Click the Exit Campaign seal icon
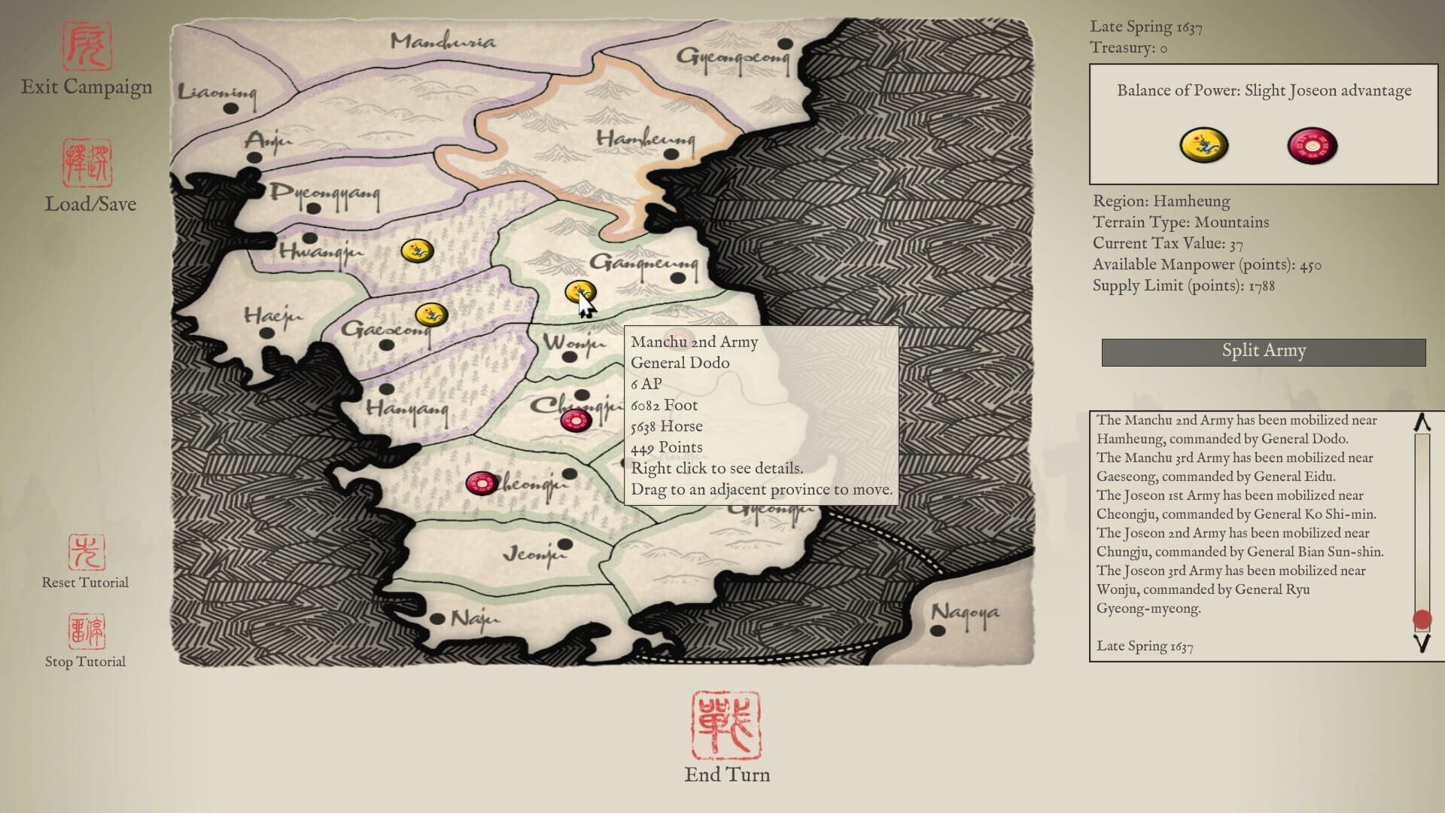87,47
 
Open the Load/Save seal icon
87,163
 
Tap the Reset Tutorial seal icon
87,553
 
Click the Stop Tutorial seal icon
87,631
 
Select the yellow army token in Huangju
416,251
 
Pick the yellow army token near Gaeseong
431,314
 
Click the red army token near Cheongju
481,483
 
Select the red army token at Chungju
576,421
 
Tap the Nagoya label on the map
965,613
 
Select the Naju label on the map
474,619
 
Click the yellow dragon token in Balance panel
1203,145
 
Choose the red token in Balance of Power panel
1313,145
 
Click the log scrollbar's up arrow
1422,423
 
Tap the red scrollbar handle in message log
1422,620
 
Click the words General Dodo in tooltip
680,363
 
